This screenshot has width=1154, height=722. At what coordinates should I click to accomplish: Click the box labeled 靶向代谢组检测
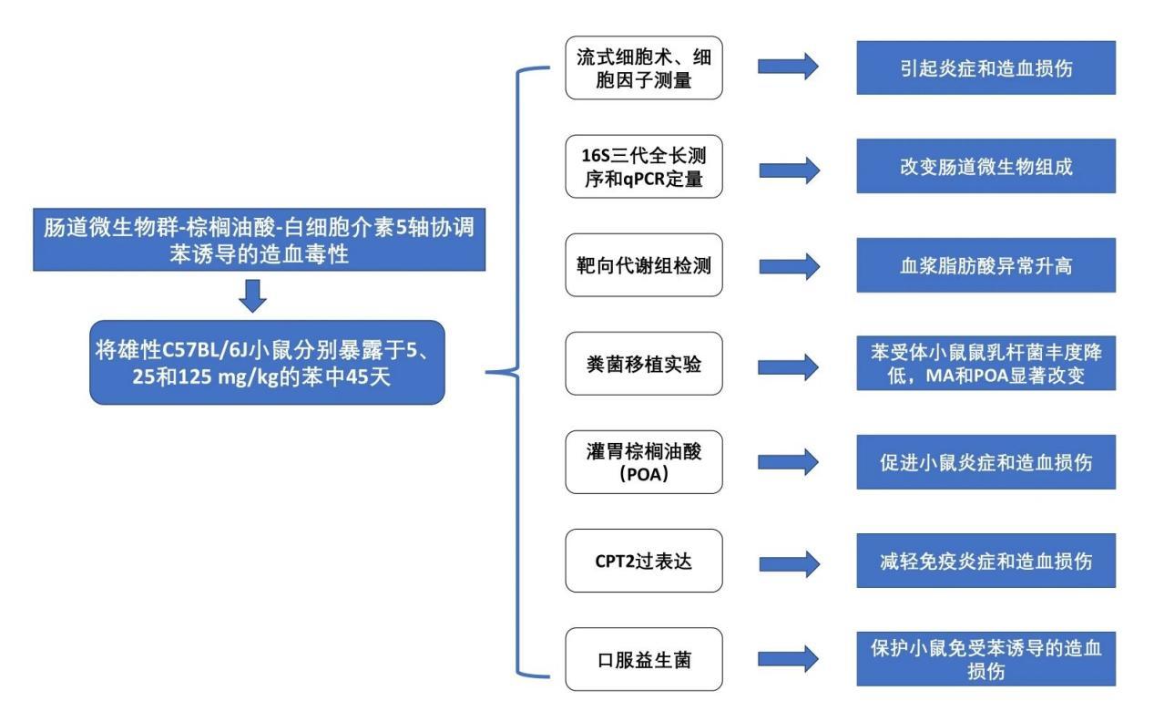(644, 265)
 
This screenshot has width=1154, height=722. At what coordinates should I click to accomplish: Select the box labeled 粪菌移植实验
(644, 363)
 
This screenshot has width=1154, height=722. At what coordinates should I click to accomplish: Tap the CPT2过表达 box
(644, 560)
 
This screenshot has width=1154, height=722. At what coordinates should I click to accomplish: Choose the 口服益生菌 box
(644, 658)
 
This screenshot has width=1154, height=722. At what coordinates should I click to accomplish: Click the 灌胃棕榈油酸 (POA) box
(644, 461)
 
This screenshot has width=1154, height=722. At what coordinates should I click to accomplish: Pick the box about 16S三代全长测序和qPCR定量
(644, 166)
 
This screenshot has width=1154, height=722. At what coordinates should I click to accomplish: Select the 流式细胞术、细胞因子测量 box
(644, 67)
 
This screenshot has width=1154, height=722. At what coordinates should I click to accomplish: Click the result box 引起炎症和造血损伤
(985, 67)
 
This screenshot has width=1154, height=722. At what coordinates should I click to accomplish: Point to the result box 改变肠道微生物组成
(985, 166)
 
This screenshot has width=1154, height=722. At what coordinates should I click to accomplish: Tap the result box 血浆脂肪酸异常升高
(985, 265)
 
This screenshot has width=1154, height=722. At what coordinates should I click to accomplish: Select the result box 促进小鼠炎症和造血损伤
(985, 461)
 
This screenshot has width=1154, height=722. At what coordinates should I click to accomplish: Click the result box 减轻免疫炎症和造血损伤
(985, 560)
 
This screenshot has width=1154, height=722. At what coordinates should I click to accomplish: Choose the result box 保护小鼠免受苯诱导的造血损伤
(985, 658)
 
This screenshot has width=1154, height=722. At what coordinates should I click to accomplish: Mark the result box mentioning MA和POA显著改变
(985, 363)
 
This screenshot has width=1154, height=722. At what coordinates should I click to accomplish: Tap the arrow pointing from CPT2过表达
(788, 560)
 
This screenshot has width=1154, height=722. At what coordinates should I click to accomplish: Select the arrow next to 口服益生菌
(788, 658)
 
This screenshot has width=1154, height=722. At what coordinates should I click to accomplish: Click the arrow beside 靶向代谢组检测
(788, 265)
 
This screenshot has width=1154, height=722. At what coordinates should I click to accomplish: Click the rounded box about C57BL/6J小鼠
(267, 362)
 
